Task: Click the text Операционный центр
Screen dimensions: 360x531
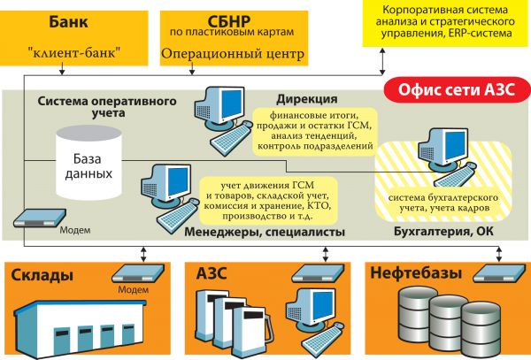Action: [233, 55]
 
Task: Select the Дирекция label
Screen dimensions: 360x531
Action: [306, 98]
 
